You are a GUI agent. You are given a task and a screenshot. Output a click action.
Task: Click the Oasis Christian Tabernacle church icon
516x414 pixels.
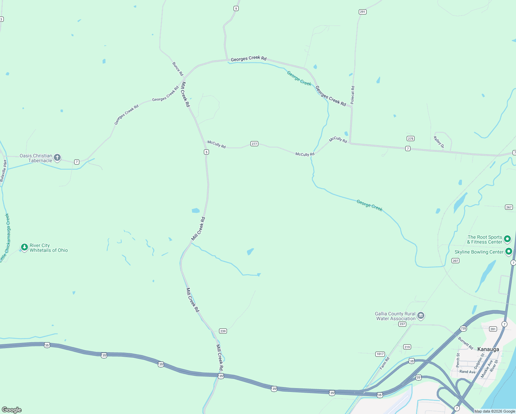pyautogui.click(x=57, y=158)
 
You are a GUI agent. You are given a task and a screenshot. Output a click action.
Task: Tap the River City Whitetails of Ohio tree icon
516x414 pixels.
pyautogui.click(x=24, y=247)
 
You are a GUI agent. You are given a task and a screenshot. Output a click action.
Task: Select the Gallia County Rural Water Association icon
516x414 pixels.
pyautogui.click(x=420, y=316)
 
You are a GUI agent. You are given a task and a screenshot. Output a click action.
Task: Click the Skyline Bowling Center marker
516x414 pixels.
pyautogui.click(x=508, y=252)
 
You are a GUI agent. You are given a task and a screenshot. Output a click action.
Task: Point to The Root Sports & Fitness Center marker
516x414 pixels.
pyautogui.click(x=507, y=239)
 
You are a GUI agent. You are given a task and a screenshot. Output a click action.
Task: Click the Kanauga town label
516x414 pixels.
pyautogui.click(x=488, y=349)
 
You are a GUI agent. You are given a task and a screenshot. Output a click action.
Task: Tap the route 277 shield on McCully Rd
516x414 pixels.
pyautogui.click(x=254, y=144)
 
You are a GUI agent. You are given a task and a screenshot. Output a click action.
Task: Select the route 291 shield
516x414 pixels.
pyautogui.click(x=362, y=12)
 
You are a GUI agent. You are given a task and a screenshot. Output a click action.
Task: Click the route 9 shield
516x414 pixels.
pyautogui.click(x=236, y=9)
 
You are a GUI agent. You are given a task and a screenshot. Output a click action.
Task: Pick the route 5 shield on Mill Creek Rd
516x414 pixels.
pyautogui.click(x=206, y=152)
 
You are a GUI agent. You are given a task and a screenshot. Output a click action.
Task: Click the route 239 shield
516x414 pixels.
pyautogui.click(x=223, y=331)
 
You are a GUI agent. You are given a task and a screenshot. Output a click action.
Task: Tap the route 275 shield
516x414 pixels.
pyautogui.click(x=410, y=139)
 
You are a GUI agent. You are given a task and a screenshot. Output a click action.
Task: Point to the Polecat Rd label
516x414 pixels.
pyautogui.click(x=353, y=95)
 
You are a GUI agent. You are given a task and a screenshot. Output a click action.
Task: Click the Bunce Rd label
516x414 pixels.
pyautogui.click(x=178, y=69)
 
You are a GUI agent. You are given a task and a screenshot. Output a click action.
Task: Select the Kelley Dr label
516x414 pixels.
pyautogui.click(x=439, y=142)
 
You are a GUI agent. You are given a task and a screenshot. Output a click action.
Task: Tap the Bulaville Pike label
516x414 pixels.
pyautogui.click(x=3, y=170)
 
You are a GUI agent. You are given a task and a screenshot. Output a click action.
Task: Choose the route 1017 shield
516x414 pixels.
pyautogui.click(x=380, y=354)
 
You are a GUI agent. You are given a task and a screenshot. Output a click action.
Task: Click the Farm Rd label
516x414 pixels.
pyautogui.click(x=384, y=363)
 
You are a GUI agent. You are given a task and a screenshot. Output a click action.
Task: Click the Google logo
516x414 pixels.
pyautogui.click(x=12, y=410)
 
